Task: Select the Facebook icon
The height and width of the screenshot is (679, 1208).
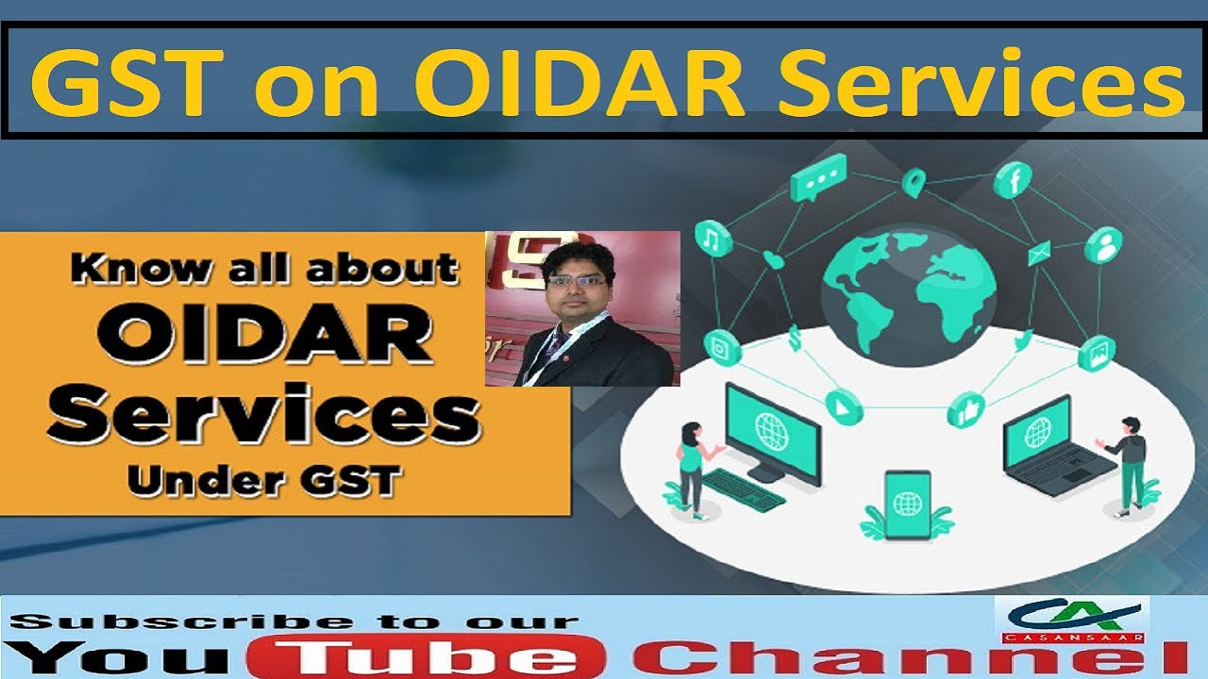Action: (1015, 179)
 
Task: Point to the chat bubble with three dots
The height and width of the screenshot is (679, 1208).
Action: (818, 178)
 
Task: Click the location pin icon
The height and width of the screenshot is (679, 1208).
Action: (913, 183)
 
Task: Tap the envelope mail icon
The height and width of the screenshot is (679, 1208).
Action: (1039, 253)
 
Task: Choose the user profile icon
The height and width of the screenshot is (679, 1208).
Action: (1102, 246)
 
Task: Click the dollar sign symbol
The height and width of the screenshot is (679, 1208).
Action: (796, 335)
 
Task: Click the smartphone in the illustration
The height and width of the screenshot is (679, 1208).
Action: (907, 501)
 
